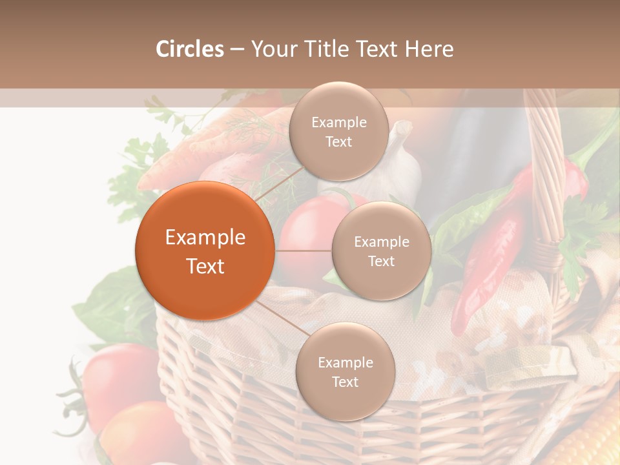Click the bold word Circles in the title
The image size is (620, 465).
pyautogui.click(x=189, y=49)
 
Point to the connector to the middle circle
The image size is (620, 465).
pyautogui.click(x=303, y=251)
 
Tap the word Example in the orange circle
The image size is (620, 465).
pyautogui.click(x=205, y=238)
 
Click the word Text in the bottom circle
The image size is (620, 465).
pyautogui.click(x=345, y=382)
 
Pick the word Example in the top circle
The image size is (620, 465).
pyautogui.click(x=338, y=123)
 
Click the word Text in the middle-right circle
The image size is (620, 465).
pyautogui.click(x=381, y=261)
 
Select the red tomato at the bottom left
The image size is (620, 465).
pyautogui.click(x=119, y=381)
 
